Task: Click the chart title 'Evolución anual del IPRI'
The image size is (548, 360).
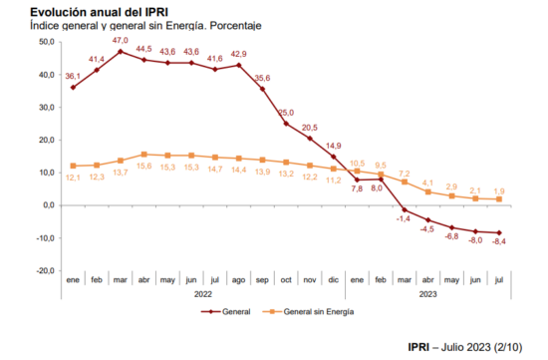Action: tap(99, 12)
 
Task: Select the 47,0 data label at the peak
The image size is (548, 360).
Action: tap(121, 41)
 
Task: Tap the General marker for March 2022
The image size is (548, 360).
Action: tap(121, 52)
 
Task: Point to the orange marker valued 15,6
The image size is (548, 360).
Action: tap(144, 155)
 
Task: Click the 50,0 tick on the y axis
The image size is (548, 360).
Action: tap(47, 42)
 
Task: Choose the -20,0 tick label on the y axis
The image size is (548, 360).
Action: tap(46, 271)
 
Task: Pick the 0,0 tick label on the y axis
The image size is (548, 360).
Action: tap(49, 205)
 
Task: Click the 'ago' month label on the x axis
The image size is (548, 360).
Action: tap(238, 280)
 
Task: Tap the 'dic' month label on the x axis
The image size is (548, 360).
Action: tap(334, 280)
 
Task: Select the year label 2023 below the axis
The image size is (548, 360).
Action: tap(427, 294)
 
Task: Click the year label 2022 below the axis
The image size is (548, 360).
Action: tap(203, 294)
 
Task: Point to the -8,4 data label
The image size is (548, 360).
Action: tap(499, 241)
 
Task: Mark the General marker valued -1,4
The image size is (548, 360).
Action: tap(405, 209)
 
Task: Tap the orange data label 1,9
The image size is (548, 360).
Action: tap(499, 191)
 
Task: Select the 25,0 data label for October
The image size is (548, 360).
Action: tap(286, 113)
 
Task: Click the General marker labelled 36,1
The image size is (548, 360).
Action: tap(73, 88)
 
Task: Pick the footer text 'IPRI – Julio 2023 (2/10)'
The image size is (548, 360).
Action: tap(465, 347)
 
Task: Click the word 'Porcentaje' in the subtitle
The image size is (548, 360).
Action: tap(235, 26)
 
